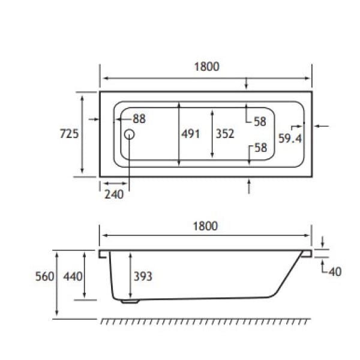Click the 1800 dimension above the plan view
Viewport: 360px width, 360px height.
[x=206, y=67]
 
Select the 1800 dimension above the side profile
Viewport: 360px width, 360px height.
[x=206, y=226]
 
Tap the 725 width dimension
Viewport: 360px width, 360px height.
[x=69, y=134]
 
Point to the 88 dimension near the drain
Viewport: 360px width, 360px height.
[x=139, y=119]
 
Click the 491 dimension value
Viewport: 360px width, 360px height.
[x=190, y=134]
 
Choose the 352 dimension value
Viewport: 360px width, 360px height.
[x=225, y=134]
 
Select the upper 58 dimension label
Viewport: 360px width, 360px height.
[x=260, y=122]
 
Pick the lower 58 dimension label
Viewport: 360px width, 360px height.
[x=260, y=148]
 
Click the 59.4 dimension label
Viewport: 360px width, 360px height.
[x=290, y=139]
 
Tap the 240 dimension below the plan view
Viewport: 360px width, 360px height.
[x=113, y=194]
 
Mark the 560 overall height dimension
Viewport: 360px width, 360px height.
[x=45, y=277]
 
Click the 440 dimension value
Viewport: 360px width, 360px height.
[x=73, y=277]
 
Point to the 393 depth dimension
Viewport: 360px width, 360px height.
[x=142, y=277]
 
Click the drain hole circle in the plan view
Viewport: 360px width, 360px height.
[x=130, y=134]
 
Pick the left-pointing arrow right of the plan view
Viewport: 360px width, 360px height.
[x=322, y=126]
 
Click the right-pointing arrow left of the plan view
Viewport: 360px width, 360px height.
[x=92, y=120]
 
